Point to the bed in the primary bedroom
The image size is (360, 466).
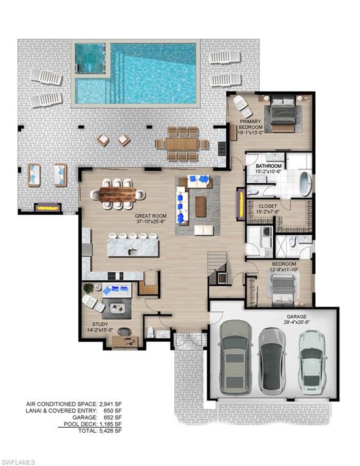pos(282,113)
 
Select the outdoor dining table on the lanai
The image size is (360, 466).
pos(180,144)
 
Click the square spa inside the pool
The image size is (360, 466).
pos(90,62)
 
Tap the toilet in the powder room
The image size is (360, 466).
pos(150,331)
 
